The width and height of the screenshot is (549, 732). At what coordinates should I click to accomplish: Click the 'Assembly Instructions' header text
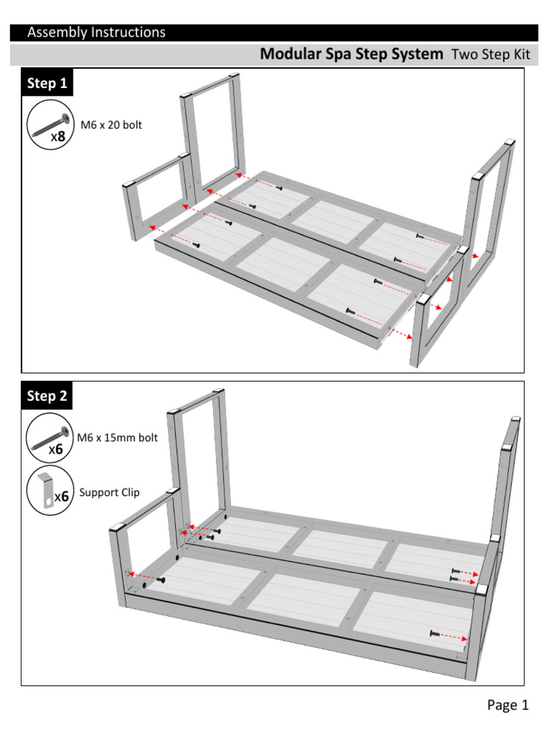[96, 32]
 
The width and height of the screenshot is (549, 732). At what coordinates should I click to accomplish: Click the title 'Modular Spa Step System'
[351, 54]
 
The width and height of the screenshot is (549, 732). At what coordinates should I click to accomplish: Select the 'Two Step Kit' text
[490, 55]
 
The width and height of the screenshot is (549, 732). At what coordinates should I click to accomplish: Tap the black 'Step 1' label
[47, 84]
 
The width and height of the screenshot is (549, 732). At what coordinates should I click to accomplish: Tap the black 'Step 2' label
[47, 396]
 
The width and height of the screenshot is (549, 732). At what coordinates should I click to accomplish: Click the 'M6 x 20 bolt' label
[111, 125]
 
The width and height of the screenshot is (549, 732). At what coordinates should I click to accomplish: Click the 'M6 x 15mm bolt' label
[119, 437]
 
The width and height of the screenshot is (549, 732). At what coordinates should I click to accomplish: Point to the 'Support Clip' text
[109, 493]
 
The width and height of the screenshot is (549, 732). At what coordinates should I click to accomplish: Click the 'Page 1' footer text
[508, 706]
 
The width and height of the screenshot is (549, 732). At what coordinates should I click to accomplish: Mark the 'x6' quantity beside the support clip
[62, 495]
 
